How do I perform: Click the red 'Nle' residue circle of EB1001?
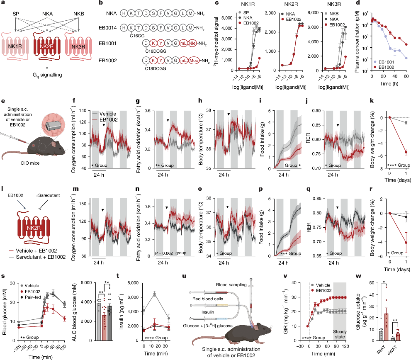180,43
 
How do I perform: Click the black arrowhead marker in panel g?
168,120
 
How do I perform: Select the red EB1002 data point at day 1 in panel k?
406,152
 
